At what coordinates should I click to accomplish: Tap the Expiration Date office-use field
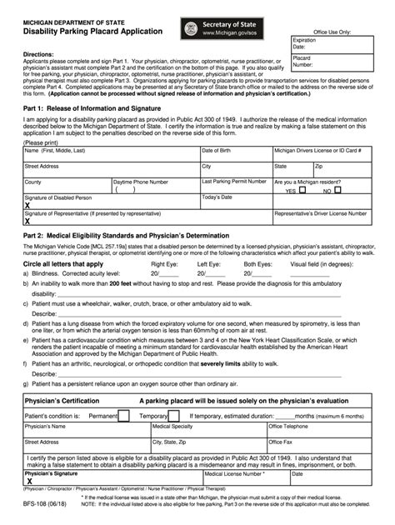[331, 44]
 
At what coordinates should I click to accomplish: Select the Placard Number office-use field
[331, 61]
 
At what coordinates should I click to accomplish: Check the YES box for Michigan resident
[302, 190]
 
